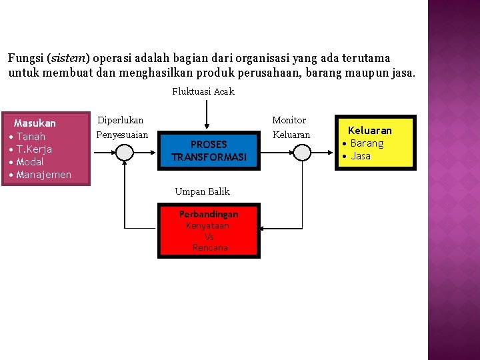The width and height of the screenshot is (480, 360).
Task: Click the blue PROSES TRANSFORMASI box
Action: [x=209, y=151]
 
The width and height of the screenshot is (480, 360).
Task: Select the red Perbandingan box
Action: [x=209, y=230]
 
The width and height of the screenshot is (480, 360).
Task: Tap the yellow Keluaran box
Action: [x=375, y=143]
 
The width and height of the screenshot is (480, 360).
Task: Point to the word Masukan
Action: [x=35, y=123]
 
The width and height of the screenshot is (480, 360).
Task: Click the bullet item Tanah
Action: [x=31, y=137]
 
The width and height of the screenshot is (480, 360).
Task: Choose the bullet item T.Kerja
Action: [x=34, y=149]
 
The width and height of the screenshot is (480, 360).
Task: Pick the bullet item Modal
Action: [x=30, y=162]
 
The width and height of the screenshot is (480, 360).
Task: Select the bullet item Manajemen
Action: [x=44, y=175]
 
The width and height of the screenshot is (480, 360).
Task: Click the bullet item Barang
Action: [x=367, y=143]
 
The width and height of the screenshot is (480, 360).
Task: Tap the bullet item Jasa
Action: [x=361, y=156]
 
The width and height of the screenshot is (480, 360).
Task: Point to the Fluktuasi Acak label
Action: [x=203, y=91]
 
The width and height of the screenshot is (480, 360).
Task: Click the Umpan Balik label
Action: [x=202, y=191]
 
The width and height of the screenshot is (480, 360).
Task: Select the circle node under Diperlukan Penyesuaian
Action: [x=125, y=153]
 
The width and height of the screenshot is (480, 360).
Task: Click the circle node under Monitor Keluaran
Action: [x=302, y=153]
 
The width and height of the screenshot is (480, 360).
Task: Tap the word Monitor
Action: [x=289, y=120]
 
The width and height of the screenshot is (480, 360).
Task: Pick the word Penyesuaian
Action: [x=123, y=135]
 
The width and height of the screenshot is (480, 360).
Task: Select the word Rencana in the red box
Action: [x=210, y=247]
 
